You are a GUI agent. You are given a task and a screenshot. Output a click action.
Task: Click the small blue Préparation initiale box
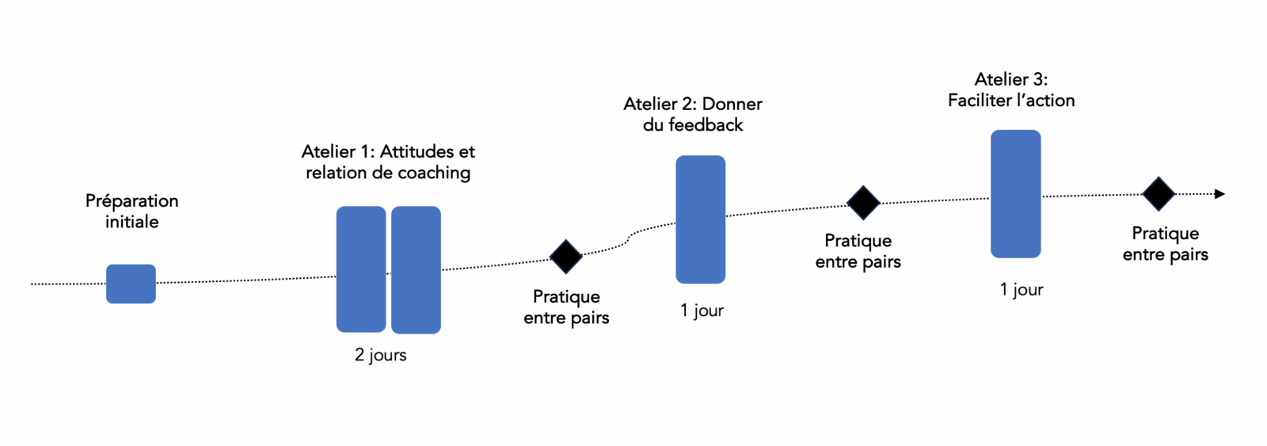131,284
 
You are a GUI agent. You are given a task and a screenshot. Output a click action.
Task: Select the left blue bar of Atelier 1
361,269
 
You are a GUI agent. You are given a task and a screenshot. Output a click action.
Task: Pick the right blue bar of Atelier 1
416,269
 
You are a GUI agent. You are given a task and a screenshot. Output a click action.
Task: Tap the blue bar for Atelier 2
700,219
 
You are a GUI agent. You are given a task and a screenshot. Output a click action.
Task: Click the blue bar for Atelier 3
1015,194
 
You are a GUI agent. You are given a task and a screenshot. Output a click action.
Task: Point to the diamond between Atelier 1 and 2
566,257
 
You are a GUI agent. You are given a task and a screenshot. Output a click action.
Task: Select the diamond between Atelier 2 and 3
863,203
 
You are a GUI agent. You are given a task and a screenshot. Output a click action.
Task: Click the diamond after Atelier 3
1159,194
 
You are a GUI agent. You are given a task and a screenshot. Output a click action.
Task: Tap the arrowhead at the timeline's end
1219,194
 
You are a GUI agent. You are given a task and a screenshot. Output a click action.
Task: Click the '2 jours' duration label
380,355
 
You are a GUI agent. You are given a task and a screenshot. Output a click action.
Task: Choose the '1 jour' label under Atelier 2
702,311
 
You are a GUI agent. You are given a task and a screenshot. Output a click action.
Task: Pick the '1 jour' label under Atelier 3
1022,290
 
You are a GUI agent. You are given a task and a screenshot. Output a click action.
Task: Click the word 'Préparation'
132,201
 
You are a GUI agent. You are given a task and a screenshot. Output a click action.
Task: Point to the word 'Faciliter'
980,101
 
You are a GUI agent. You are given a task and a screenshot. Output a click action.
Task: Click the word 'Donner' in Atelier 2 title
732,104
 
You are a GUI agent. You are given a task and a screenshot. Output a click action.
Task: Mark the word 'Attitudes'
417,151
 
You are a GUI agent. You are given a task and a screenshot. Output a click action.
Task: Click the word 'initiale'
132,222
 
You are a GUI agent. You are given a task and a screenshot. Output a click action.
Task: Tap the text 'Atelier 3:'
1011,79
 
